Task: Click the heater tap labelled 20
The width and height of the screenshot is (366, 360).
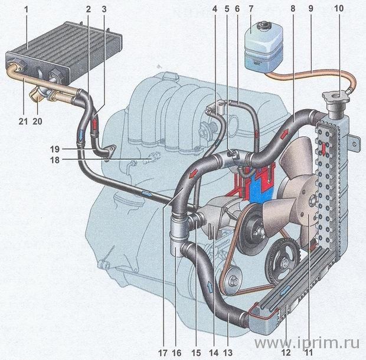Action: coord(40,94)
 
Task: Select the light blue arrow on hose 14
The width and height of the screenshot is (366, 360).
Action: coord(210,287)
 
